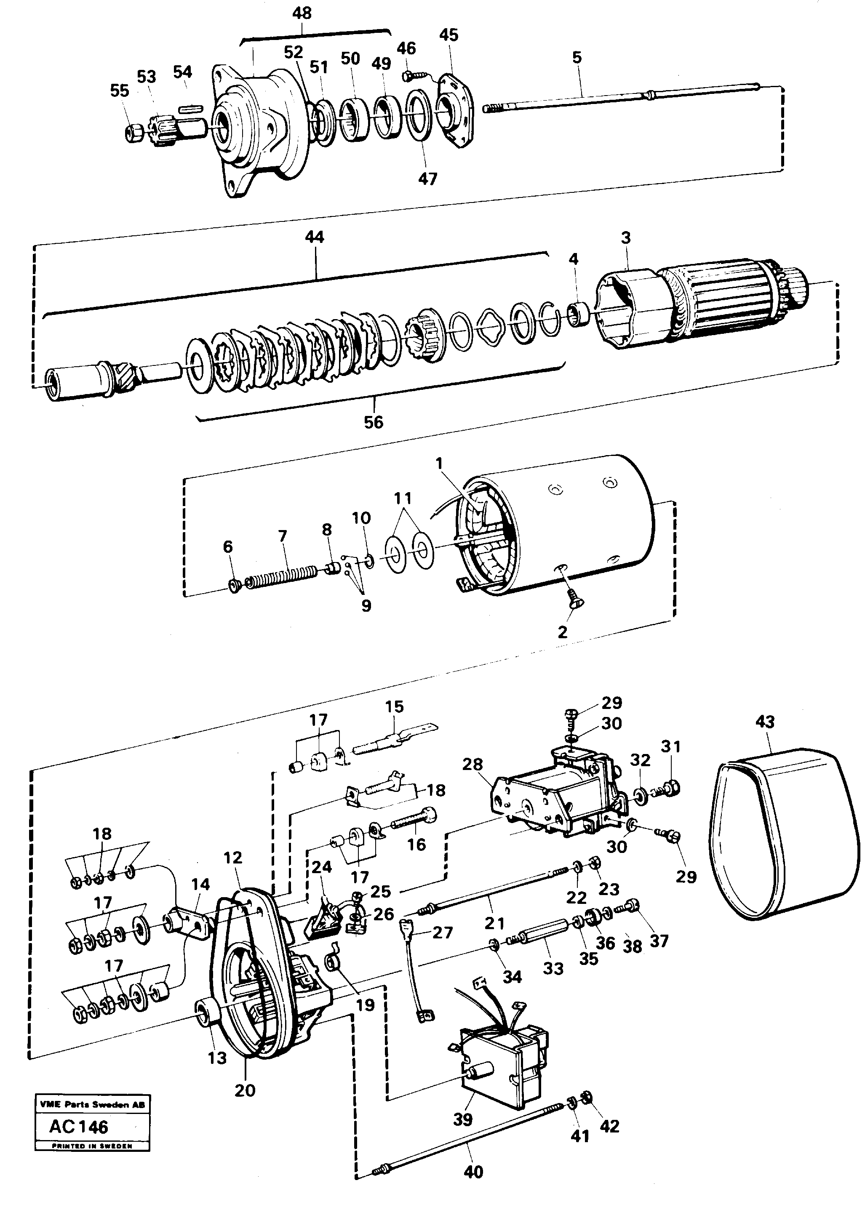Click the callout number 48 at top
(302, 13)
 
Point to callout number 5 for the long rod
(577, 58)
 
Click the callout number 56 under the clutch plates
(374, 422)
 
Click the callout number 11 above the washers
(403, 499)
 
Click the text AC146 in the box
(79, 1127)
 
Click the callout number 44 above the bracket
(315, 237)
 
